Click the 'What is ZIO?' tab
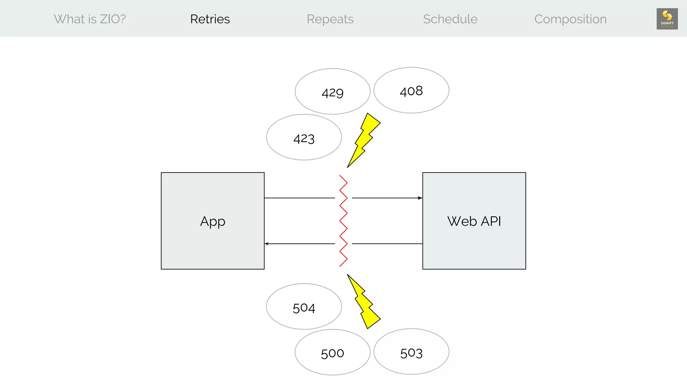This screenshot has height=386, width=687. (x=90, y=19)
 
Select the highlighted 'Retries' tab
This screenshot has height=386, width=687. (x=210, y=19)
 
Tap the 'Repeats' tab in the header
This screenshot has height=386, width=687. (x=330, y=19)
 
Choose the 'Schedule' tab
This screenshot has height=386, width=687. (x=450, y=19)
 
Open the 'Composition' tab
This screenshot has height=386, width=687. (x=570, y=19)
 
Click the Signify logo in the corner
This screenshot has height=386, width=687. (x=667, y=19)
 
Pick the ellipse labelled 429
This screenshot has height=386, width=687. (x=332, y=91)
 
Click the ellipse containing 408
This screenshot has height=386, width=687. (x=411, y=90)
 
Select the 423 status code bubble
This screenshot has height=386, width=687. (x=304, y=137)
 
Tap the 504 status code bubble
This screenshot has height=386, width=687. (x=304, y=307)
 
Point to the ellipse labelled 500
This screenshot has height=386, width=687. (x=332, y=352)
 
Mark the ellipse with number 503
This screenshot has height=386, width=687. (x=411, y=352)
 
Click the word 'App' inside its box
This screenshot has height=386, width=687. (x=213, y=221)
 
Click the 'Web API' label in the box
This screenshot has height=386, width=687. (x=474, y=221)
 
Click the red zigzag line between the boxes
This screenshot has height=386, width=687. (x=343, y=220)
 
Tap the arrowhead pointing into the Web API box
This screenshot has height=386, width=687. (x=420, y=198)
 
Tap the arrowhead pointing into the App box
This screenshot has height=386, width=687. (x=267, y=244)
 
